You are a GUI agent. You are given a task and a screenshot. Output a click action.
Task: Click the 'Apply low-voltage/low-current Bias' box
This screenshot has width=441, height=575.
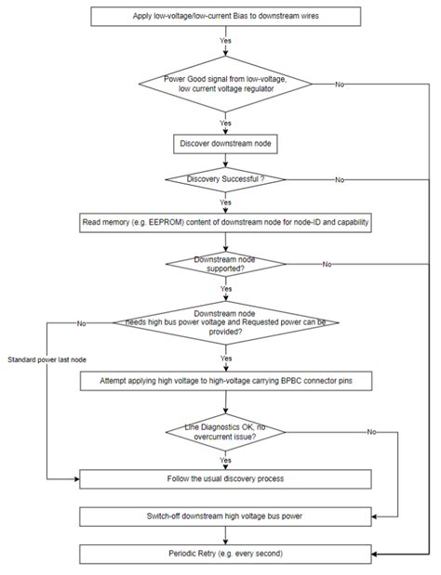tap(225, 17)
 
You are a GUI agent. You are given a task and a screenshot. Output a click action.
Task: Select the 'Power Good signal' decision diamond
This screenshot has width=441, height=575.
tap(225, 85)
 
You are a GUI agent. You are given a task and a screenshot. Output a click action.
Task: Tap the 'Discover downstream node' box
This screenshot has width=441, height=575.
tap(225, 143)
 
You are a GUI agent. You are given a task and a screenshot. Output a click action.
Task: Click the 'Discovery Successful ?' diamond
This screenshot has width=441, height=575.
tap(225, 178)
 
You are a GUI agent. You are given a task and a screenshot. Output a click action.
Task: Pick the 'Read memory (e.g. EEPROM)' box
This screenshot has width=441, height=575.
tap(225, 223)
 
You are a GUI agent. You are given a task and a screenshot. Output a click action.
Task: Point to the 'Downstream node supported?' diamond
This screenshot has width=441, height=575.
tap(225, 264)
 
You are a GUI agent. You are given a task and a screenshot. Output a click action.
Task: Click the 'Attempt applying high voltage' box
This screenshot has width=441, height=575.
tap(225, 380)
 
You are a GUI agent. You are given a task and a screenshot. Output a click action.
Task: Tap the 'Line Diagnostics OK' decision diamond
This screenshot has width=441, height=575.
tap(225, 431)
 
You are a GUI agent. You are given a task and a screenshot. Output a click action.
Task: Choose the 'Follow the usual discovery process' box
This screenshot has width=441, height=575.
tap(225, 478)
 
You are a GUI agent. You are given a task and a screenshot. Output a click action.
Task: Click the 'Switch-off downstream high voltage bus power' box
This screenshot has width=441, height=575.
tap(225, 516)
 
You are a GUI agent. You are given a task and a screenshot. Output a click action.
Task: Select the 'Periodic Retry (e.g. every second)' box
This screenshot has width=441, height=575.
tap(225, 553)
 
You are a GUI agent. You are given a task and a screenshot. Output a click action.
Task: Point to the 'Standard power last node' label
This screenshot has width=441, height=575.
tap(42, 359)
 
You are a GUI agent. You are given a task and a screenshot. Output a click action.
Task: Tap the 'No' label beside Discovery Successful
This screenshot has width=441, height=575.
tap(340, 178)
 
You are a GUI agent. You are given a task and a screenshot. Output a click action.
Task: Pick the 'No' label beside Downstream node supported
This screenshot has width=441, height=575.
tap(327, 265)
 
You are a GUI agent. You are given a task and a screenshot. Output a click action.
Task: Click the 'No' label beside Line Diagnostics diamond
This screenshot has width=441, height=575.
tap(371, 432)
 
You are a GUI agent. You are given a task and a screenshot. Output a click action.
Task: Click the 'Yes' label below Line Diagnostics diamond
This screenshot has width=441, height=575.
tap(225, 459)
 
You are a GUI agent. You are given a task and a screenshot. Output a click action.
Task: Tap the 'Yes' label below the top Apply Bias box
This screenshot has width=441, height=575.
tap(225, 41)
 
